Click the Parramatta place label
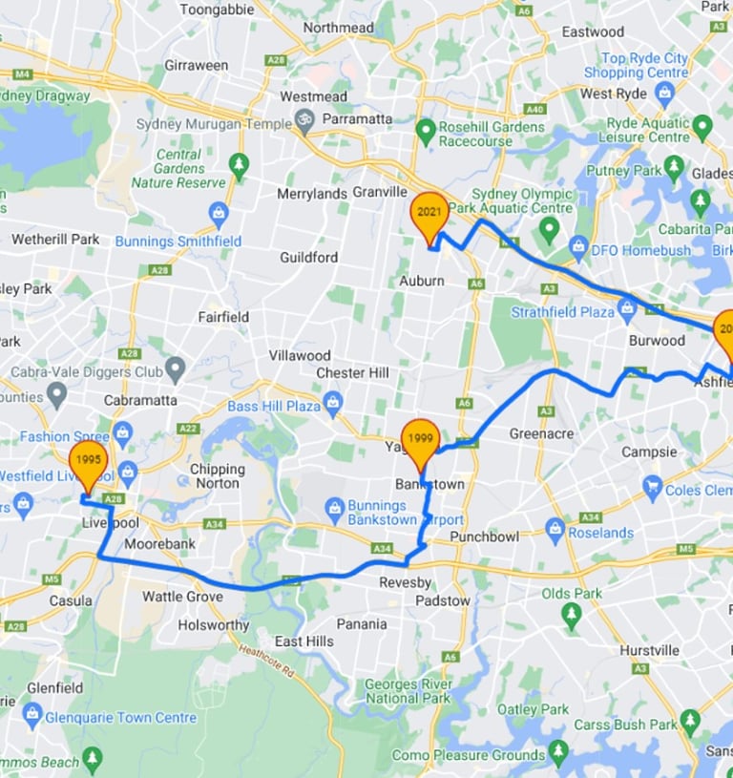coord(357,118)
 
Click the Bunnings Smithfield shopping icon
coord(219,211)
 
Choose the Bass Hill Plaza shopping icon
coord(332,399)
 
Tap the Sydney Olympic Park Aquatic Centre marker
coord(549,229)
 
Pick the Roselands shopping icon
coord(555,527)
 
